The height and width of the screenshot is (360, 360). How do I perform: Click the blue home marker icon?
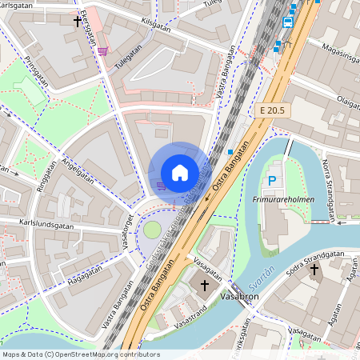tap(180, 172)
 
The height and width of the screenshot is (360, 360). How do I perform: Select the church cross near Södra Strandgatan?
tap(314, 270)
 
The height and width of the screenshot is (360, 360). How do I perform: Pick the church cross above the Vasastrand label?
tap(204, 285)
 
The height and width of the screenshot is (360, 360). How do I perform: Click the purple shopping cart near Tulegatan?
tap(102, 52)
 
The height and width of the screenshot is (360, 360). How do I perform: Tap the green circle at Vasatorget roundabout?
tap(151, 230)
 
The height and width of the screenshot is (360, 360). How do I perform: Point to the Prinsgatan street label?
tap(37, 72)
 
